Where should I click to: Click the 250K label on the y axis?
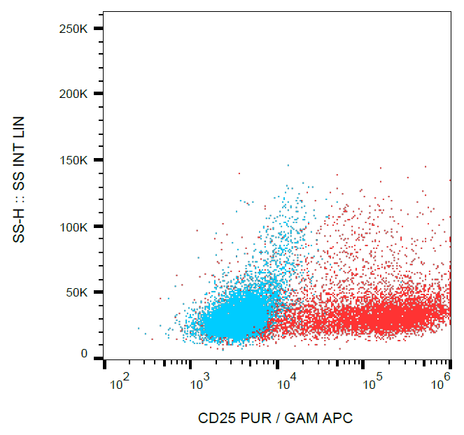tap(73, 29)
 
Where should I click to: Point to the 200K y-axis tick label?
tap(73, 94)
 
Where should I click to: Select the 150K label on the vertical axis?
tap(73, 161)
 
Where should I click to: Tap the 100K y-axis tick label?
tap(73, 227)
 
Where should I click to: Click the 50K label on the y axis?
tap(76, 293)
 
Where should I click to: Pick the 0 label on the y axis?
tap(85, 355)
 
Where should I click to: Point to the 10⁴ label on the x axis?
tap(286, 382)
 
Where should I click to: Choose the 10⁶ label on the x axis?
tap(441, 382)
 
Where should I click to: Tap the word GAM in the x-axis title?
tap(302, 419)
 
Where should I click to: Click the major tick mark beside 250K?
tap(99, 29)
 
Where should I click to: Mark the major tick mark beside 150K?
tap(99, 160)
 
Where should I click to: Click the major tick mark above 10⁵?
tap(363, 364)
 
